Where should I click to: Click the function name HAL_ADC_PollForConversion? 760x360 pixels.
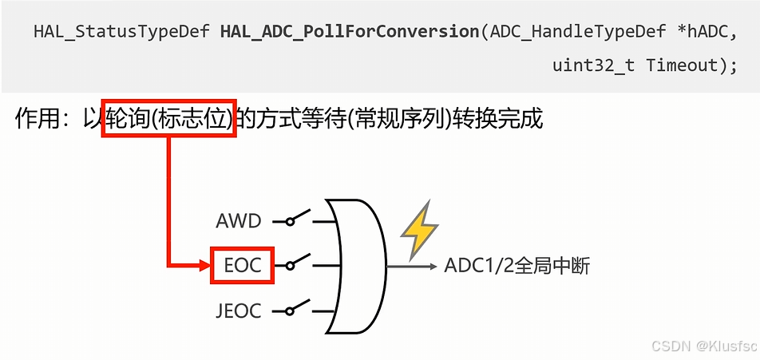(349, 32)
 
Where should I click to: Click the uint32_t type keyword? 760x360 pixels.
(593, 65)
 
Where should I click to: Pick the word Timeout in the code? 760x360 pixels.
(682, 65)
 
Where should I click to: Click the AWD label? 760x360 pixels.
(239, 220)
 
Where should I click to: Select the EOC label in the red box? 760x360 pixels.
(243, 265)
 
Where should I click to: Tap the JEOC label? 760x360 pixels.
(238, 311)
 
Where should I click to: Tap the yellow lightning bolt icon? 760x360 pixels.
(419, 230)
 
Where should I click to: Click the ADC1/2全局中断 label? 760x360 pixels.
(517, 266)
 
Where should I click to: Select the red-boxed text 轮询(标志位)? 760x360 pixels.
(168, 120)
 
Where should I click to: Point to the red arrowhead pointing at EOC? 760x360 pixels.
(203, 265)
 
